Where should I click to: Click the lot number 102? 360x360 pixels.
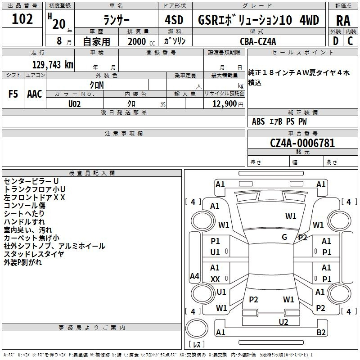point(22,19)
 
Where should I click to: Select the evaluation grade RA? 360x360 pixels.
point(343,20)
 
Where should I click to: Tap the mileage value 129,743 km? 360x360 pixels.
point(53,65)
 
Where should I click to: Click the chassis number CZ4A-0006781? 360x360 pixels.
point(302,143)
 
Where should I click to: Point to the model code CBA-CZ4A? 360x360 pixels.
point(258,41)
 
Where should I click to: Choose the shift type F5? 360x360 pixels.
point(13,94)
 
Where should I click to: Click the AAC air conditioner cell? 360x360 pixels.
point(35,94)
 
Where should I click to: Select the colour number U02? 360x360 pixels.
point(74,104)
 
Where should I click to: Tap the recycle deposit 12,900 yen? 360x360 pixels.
point(228,104)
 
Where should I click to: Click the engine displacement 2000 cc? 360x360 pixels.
point(141,41)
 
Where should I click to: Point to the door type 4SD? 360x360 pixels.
point(174,20)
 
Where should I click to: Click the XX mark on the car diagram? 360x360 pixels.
point(215,279)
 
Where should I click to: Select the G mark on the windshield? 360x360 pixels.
point(284,237)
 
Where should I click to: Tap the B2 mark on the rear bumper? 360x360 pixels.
point(321,332)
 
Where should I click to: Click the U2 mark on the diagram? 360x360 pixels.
point(283,322)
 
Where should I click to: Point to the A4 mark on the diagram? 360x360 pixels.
point(194,276)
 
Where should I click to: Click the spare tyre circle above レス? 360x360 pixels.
point(197,328)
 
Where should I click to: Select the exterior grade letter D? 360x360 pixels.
point(336,41)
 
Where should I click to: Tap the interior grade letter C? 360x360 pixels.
point(350,41)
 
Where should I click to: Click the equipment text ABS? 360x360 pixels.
point(258,121)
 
